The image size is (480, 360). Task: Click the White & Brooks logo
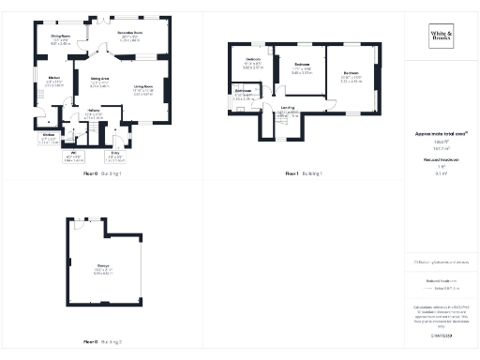(440, 38)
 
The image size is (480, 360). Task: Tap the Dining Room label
(61, 38)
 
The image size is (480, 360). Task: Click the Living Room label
(142, 87)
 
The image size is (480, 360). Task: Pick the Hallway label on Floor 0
(94, 114)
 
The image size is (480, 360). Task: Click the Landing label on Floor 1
(289, 108)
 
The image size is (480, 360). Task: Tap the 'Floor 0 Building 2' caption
(103, 341)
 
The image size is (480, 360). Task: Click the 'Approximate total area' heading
(440, 134)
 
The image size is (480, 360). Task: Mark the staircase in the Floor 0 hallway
(85, 132)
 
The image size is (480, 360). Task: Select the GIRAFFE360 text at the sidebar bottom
(440, 335)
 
